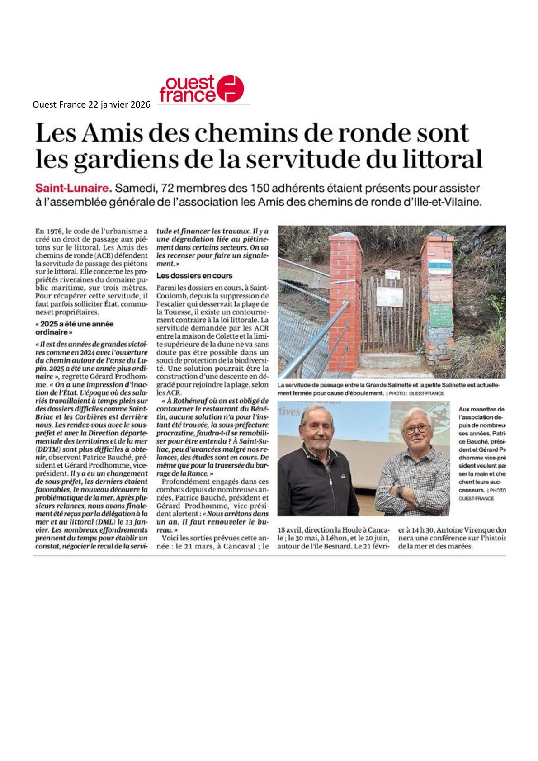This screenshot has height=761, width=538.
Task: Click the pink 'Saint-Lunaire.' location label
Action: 74,188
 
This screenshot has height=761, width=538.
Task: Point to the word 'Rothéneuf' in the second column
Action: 188,400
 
